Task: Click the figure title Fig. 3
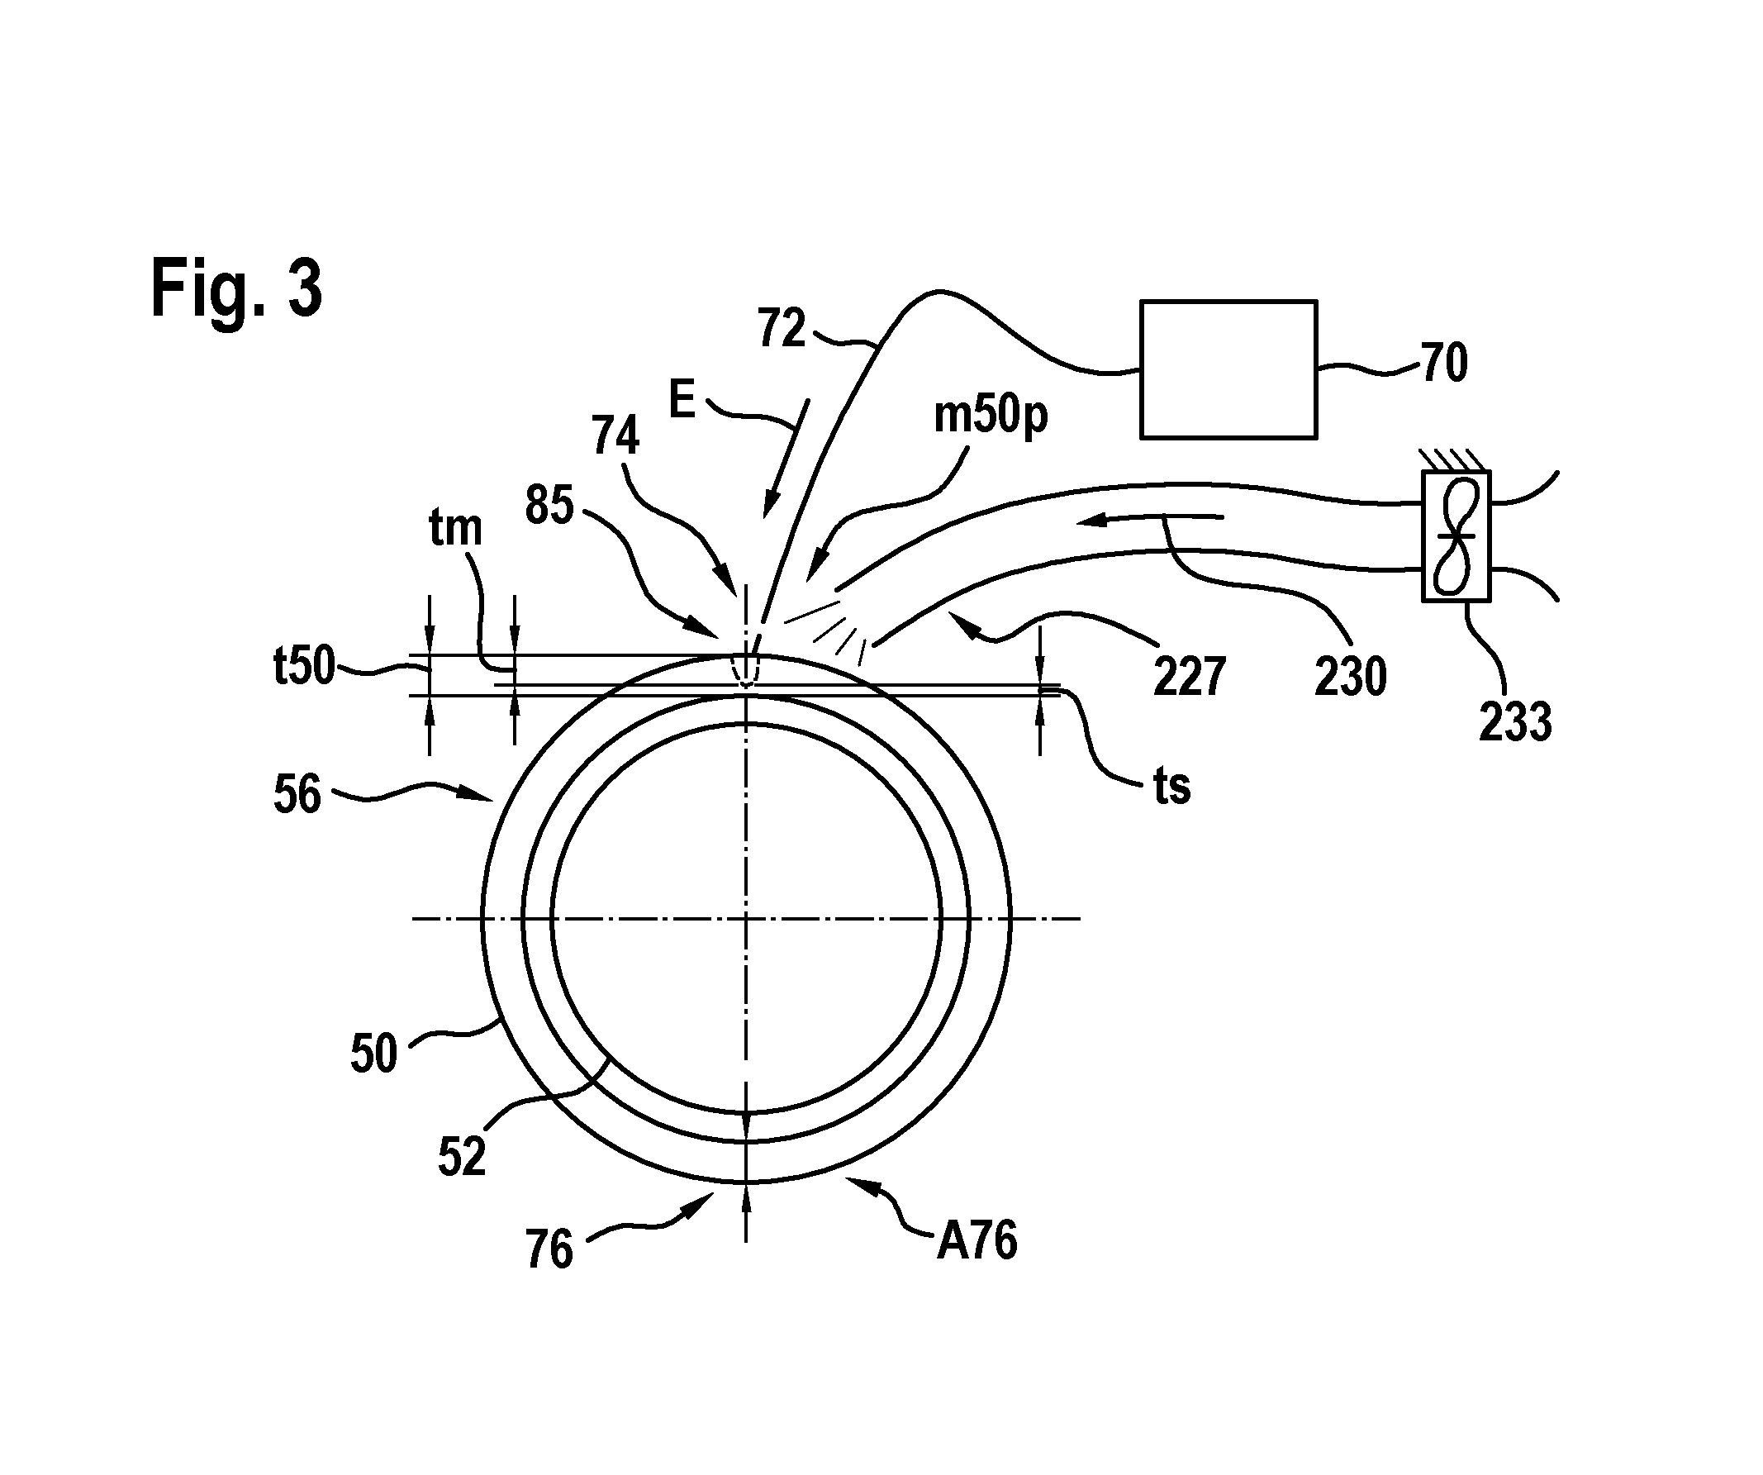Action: (236, 288)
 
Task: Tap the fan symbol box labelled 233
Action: (1456, 536)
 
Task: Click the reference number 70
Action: (1444, 363)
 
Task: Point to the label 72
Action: (782, 327)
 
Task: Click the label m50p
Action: (991, 416)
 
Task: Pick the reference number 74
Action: (615, 435)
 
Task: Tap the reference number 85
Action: (550, 506)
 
